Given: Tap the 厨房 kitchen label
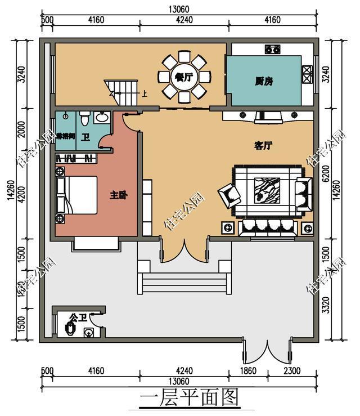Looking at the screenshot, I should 263,81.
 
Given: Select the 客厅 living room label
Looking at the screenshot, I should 263,146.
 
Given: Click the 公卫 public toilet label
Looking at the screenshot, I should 76,319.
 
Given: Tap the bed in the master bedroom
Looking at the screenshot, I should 76,195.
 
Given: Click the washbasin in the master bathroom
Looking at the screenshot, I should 102,118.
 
